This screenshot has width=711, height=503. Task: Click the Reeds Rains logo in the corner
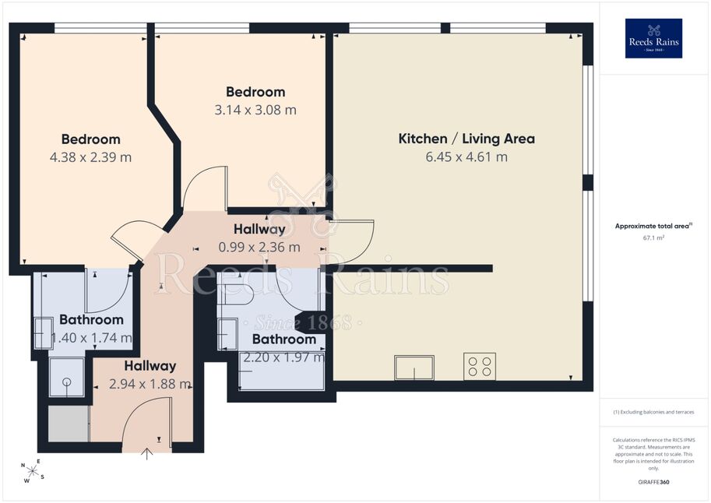[x=653, y=38]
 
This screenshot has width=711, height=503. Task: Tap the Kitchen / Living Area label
[x=466, y=139]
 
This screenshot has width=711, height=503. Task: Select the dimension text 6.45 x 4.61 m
[x=466, y=157]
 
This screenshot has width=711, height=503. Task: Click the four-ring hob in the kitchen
[x=480, y=367]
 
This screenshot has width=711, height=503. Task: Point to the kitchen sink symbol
[x=414, y=368]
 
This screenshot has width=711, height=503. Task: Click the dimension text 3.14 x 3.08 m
[x=255, y=110]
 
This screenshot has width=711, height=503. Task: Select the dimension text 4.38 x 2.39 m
[x=90, y=157]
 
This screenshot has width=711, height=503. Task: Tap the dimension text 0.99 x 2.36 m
[x=259, y=247]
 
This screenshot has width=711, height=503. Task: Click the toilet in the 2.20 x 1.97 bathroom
[x=235, y=295]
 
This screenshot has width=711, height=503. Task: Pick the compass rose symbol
[x=32, y=471]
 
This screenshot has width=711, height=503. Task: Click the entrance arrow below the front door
[x=147, y=454]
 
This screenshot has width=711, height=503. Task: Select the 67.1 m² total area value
[x=653, y=237]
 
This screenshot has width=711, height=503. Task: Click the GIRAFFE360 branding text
[x=653, y=482]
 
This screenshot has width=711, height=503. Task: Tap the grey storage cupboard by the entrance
[x=69, y=424]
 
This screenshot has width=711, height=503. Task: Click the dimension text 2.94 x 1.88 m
[x=150, y=384]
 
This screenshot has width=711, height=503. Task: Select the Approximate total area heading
[x=653, y=226]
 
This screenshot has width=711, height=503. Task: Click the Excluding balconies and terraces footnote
[x=653, y=412]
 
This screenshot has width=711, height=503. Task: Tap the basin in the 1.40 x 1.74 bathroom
[x=43, y=333]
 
